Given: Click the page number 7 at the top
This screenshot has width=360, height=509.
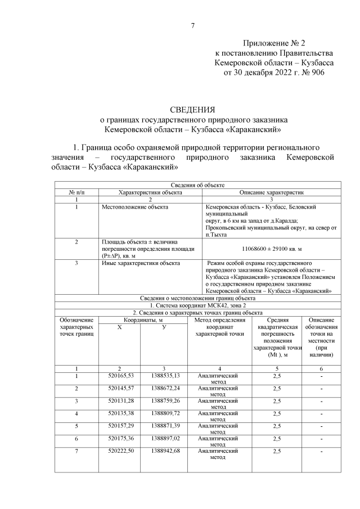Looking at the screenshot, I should click(193, 26).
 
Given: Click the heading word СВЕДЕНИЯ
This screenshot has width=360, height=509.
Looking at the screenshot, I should click(193, 109).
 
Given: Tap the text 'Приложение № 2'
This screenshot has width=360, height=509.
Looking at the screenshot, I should click(273, 43).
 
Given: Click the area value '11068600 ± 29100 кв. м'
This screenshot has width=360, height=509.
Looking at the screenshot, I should click(272, 248).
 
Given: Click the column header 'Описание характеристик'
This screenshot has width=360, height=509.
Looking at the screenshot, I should click(272, 192).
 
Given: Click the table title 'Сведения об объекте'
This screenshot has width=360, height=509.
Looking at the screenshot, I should click(197, 184).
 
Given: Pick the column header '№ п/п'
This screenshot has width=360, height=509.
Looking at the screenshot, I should click(76, 192).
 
